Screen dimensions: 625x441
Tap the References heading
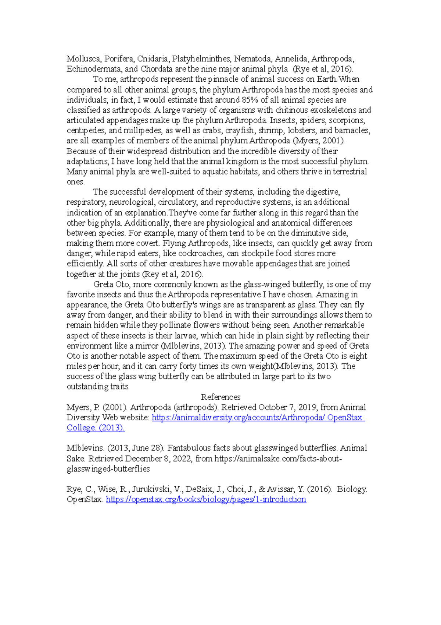tap(220, 397)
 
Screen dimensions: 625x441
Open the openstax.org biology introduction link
tap(206, 499)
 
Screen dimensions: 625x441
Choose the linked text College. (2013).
tap(96, 428)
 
